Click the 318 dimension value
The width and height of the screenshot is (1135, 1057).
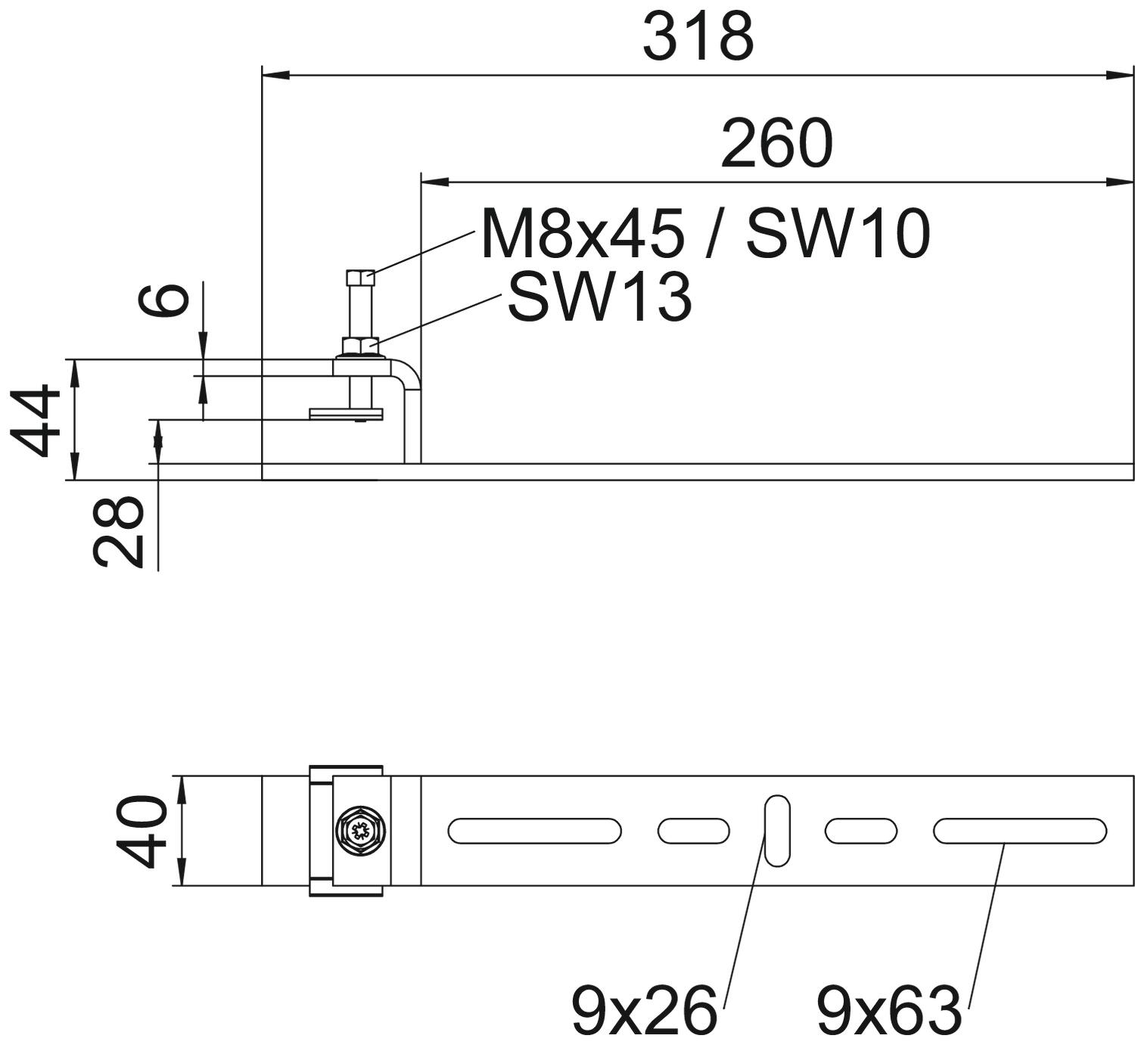pos(698,37)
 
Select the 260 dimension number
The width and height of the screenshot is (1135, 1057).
pos(776,144)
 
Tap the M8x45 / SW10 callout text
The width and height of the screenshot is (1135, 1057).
pos(704,235)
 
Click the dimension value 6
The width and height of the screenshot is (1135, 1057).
pos(164,300)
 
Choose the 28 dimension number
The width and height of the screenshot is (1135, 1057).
pos(118,530)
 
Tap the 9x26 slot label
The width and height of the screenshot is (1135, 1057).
pos(643,1010)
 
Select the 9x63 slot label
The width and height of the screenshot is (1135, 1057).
pos(888,1010)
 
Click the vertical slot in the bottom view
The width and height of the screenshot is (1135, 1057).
pos(777,830)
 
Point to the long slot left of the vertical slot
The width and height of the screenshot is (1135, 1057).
pos(535,831)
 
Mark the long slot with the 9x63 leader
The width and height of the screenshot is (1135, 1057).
pos(1019,831)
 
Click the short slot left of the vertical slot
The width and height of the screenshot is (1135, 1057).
pos(694,831)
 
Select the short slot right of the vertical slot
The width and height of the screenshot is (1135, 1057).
pos(861,831)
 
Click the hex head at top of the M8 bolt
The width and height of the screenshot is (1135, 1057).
pos(360,277)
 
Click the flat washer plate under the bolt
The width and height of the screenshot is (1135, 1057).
pos(347,413)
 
